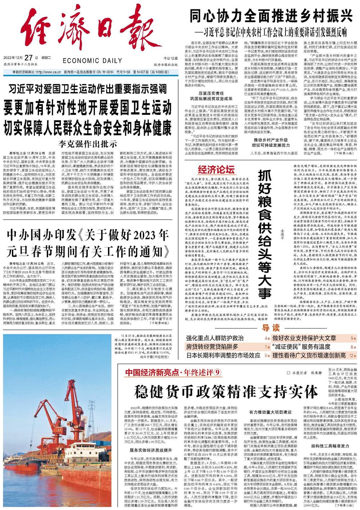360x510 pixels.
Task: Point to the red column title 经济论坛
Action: coord(216,170)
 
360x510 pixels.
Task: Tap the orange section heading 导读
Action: coord(270,327)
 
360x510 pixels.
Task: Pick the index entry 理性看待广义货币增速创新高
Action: coord(309,355)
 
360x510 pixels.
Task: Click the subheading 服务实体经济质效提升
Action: coord(151,450)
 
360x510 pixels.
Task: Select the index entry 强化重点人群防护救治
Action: coord(215,338)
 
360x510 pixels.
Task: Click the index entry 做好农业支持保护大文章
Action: coord(304,338)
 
